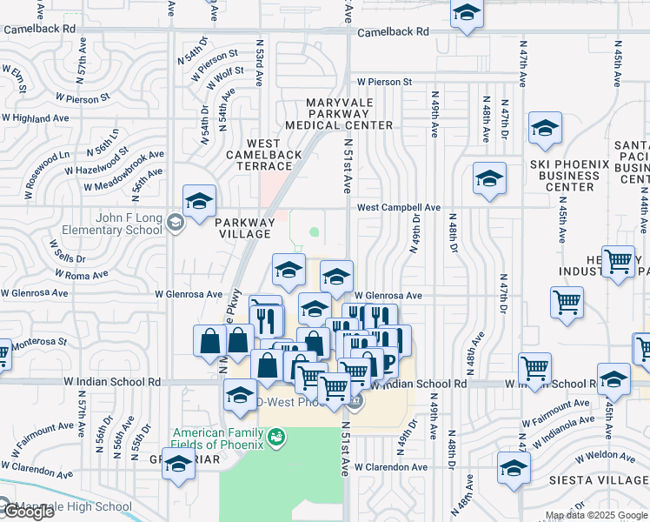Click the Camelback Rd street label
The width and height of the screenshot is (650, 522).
coord(394,31)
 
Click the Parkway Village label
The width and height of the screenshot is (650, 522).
coord(245,228)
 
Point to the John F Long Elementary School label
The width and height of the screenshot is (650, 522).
coord(112,224)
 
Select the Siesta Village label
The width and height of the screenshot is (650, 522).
coord(599,480)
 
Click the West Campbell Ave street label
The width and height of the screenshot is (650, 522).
coord(399,208)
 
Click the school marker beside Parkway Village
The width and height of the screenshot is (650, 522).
coord(199,202)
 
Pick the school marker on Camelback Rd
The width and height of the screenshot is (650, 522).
coord(467,14)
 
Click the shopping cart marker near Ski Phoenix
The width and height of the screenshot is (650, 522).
coord(567,303)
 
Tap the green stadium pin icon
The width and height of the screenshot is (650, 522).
coord(276,435)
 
